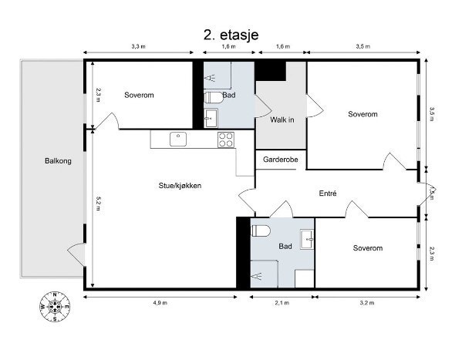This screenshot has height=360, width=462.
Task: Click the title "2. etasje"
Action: pyautogui.click(x=231, y=35)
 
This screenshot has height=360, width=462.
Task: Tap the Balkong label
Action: pyautogui.click(x=58, y=161)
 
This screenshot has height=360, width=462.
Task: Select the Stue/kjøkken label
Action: pyautogui.click(x=180, y=186)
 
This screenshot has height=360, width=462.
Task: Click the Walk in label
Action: pyautogui.click(x=282, y=119)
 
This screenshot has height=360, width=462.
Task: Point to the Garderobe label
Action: pyautogui.click(x=281, y=160)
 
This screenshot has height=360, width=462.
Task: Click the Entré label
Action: pyautogui.click(x=328, y=193)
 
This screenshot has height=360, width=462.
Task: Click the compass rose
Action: pyautogui.click(x=55, y=307)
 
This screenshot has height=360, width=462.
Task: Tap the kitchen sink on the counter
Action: pyautogui.click(x=178, y=139)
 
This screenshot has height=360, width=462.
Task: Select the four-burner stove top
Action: pyautogui.click(x=226, y=140)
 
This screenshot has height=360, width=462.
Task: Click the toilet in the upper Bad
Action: pyautogui.click(x=214, y=97)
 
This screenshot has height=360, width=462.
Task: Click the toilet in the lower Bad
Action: pyautogui.click(x=261, y=230)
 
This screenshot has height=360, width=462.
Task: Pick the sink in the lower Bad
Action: pyautogui.click(x=307, y=240)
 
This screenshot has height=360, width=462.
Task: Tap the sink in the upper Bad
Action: pyautogui.click(x=211, y=118)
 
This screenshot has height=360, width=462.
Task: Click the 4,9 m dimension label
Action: pyautogui.click(x=160, y=303)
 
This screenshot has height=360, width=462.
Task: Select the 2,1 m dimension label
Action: pyautogui.click(x=282, y=303)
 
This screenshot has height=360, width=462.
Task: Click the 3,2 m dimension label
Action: pyautogui.click(x=367, y=303)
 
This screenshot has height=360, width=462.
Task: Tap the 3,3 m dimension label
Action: pyautogui.click(x=138, y=46)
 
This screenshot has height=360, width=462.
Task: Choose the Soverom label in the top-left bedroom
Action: pyautogui.click(x=139, y=95)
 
